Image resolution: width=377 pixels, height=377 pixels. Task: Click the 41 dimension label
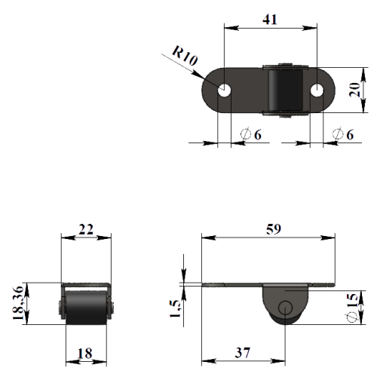pos(270,20)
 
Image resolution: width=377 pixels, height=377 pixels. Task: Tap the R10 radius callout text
pos(185,56)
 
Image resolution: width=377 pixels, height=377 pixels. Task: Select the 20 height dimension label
pos(354,90)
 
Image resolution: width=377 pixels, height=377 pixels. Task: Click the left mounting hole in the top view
pos(224,90)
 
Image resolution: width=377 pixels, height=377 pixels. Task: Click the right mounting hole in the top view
pos(317,90)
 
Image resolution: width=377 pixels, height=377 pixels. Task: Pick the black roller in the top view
pos(285,90)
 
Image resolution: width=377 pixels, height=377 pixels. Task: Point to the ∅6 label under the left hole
pos(251,134)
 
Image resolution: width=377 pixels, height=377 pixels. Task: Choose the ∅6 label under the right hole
pos(343,134)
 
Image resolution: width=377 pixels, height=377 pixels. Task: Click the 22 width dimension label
pos(86,229)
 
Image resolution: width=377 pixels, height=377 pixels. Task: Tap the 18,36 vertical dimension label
pos(18,303)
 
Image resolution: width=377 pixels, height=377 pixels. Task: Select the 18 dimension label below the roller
pos(84,354)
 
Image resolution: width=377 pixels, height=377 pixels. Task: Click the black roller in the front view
pos(86,308)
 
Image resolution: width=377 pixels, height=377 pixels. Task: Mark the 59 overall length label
pos(274,229)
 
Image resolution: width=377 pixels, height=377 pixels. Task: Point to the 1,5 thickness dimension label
pos(175,308)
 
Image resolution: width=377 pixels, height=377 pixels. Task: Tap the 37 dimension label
pos(243,353)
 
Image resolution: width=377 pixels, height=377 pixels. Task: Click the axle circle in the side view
pos(285,308)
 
